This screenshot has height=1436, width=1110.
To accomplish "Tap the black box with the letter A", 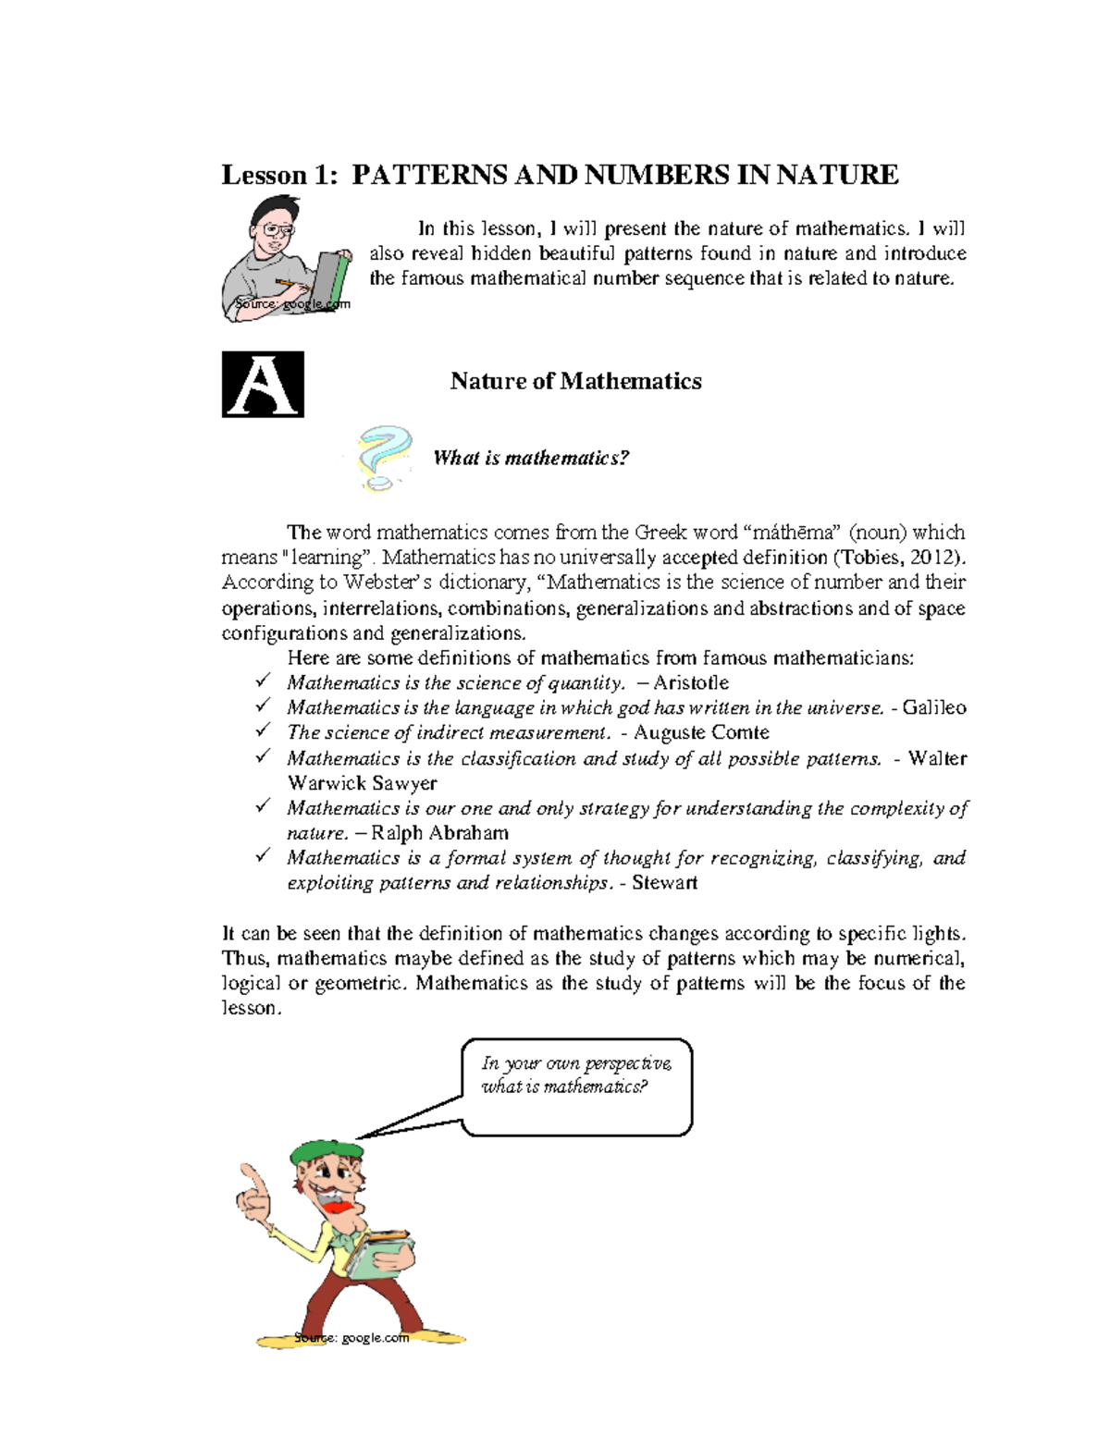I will click(x=263, y=385).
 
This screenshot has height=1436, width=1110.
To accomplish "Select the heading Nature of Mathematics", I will click(x=575, y=381).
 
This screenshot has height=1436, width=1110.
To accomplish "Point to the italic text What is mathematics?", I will click(x=531, y=459).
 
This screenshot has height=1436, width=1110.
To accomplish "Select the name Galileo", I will click(x=934, y=708).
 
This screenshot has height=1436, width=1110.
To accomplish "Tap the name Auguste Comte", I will click(x=701, y=733).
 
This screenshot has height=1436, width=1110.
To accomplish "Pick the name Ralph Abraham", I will click(x=439, y=833).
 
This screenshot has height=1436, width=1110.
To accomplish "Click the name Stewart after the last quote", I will click(x=664, y=883).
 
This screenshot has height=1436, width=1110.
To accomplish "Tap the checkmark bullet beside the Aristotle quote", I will click(x=263, y=681).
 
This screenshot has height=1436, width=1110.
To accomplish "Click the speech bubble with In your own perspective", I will click(x=576, y=1086).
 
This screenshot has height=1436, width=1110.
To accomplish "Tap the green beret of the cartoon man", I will click(x=325, y=1151).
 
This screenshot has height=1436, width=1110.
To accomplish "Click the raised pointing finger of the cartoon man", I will click(x=252, y=1181).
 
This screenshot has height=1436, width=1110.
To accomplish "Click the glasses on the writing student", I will click(x=277, y=228).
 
